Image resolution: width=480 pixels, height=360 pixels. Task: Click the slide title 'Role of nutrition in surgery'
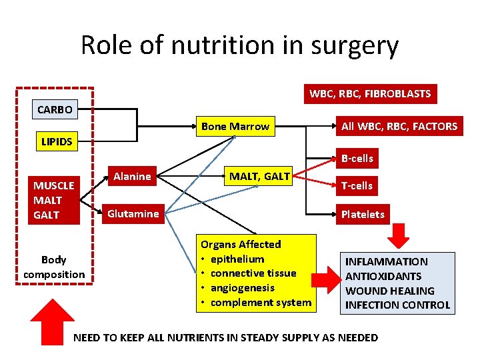coord(239,45)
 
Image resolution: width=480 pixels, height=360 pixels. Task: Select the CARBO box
coord(55,109)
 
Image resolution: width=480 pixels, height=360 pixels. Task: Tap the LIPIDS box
coord(57,141)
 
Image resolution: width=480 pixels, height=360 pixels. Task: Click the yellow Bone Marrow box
coord(235,127)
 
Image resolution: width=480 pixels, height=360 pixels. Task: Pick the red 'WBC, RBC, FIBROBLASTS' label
coord(370,94)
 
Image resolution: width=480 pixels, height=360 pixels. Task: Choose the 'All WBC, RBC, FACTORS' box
coord(399,126)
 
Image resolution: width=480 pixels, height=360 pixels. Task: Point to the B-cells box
coord(357,159)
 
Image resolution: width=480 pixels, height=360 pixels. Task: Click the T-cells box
coord(357,185)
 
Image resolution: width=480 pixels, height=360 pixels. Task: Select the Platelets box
coord(363,214)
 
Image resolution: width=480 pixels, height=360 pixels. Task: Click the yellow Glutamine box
coord(133,213)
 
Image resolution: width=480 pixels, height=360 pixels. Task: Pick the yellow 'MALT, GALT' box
coord(259,177)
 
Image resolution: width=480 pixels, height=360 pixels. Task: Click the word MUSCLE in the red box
coord(54,185)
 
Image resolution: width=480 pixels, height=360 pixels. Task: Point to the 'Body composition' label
coord(54,267)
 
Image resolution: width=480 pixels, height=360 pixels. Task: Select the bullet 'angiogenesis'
coord(244,288)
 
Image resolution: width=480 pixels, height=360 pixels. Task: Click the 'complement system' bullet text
coord(261,303)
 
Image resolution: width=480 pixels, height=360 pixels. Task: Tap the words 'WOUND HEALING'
coord(389,291)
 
